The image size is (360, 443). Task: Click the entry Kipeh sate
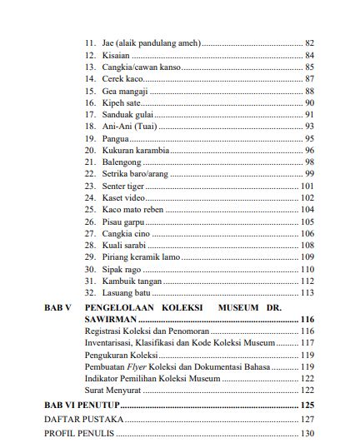[122, 102]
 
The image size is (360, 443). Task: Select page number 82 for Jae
[309, 42]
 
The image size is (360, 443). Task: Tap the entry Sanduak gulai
[127, 114]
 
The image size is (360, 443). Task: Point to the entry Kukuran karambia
[136, 150]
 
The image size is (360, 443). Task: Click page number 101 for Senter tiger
[307, 186]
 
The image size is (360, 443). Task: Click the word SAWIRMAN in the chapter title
[111, 319]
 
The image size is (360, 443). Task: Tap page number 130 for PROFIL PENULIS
[307, 433]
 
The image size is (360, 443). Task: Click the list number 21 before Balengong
[91, 162]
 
